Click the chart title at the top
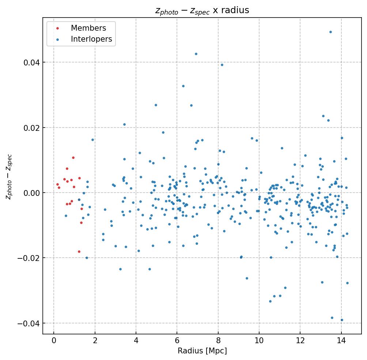click(202, 10)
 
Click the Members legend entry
click(88, 28)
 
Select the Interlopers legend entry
click(91, 39)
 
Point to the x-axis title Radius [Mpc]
click(202, 351)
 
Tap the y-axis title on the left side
click(9, 177)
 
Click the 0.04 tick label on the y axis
click(31, 62)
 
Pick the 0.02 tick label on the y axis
click(31, 128)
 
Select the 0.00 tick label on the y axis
click(31, 193)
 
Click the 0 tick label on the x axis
click(54, 341)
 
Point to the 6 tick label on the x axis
click(177, 341)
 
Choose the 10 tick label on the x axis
click(259, 341)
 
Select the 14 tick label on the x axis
click(341, 341)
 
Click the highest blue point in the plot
click(330, 32)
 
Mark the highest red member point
click(73, 158)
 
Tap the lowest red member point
click(79, 251)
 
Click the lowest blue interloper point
click(342, 320)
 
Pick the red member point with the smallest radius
click(57, 185)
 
